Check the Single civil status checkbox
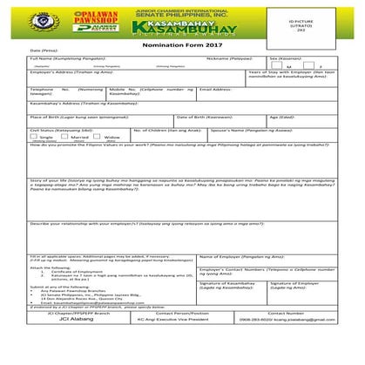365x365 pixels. pyautogui.click(x=36, y=137)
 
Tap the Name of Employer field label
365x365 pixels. pyautogui.click(x=240, y=257)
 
